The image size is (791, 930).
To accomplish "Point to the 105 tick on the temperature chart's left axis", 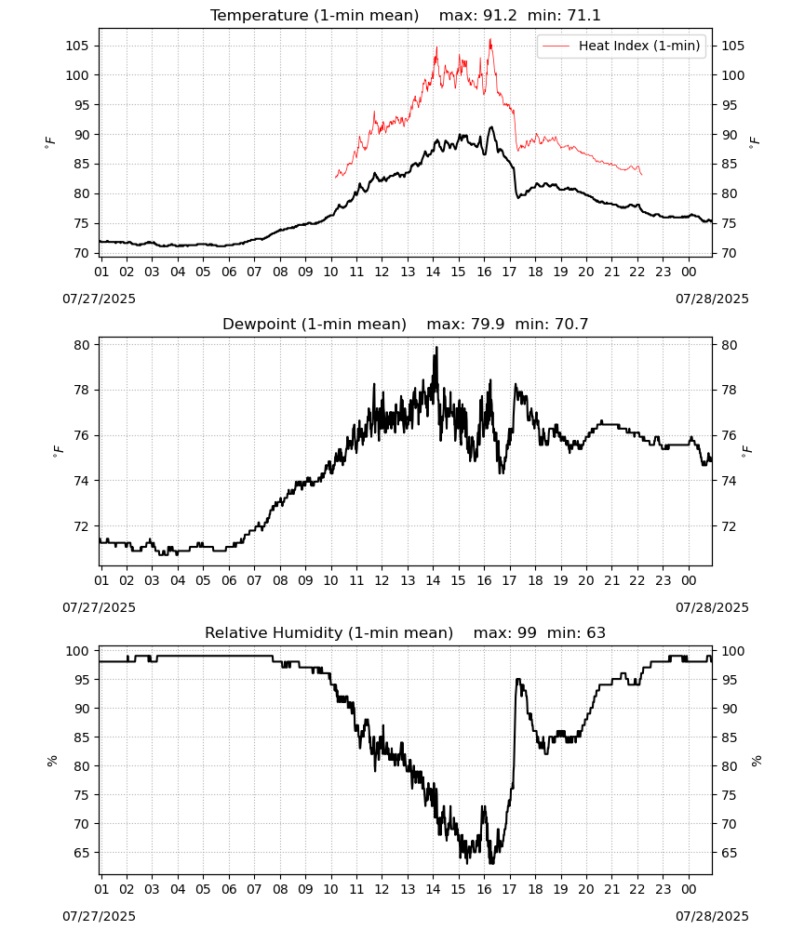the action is click(x=77, y=46).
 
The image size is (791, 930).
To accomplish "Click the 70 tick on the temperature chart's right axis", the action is click(x=729, y=253).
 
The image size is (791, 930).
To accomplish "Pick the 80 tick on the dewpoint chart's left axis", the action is click(x=83, y=345).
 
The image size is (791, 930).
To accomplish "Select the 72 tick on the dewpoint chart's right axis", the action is click(x=729, y=526).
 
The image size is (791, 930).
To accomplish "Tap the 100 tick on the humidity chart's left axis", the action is click(x=77, y=651).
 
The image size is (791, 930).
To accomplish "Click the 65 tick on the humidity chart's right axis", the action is click(x=729, y=853).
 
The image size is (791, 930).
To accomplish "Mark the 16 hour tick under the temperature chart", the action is click(x=484, y=272).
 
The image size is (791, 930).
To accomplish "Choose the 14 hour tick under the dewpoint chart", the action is click(x=433, y=580).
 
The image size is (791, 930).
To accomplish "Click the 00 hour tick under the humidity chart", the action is click(x=689, y=889).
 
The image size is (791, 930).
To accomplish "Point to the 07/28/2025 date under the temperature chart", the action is click(x=712, y=299).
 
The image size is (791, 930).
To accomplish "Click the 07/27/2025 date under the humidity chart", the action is click(x=99, y=916).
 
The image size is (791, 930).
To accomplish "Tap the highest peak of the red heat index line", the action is click(x=490, y=40).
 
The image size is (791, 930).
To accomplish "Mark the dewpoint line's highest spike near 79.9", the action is click(x=436, y=348).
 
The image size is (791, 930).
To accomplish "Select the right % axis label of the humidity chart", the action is click(x=756, y=761).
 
